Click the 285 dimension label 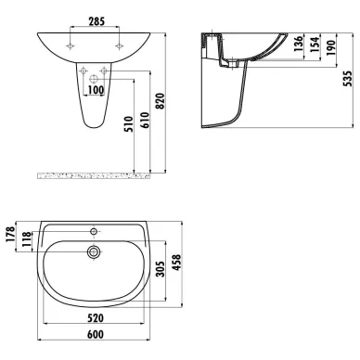96,21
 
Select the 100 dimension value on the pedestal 96,90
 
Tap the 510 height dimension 129,124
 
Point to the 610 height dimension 145,121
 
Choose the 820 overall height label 161,101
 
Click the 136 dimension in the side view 299,44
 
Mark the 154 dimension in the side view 315,45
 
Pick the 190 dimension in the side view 330,47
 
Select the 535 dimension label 348,79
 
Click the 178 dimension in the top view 10,234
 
